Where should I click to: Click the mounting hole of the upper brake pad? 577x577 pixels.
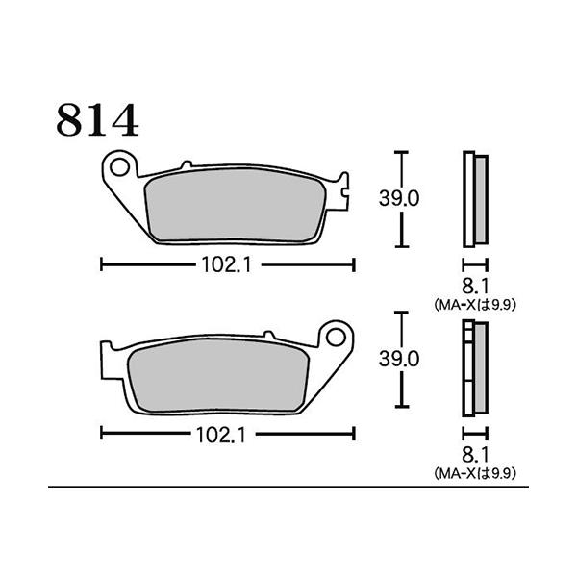pyautogui.click(x=118, y=168)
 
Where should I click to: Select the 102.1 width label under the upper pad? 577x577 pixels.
pyautogui.click(x=228, y=265)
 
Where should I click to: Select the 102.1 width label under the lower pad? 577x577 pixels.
pyautogui.click(x=228, y=435)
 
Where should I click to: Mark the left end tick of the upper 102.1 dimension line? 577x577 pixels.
pyautogui.click(x=102, y=265)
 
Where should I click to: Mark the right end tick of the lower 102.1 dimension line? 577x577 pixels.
pyautogui.click(x=355, y=435)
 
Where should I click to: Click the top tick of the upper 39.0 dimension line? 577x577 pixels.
pyautogui.click(x=403, y=152)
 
